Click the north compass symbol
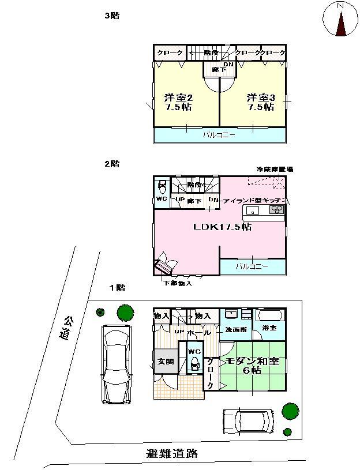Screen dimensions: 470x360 340,21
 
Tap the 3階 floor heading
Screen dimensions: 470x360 111,16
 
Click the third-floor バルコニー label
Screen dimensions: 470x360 217,136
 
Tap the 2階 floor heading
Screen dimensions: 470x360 111,164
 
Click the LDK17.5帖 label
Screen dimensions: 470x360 222,227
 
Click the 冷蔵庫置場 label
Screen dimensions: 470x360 275,169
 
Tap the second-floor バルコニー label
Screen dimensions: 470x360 253,266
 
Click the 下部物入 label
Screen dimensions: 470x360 177,284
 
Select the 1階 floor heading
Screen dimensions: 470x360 117,287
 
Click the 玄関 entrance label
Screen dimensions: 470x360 162,362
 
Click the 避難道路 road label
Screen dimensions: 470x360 172,453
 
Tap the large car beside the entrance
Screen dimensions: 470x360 117,364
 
